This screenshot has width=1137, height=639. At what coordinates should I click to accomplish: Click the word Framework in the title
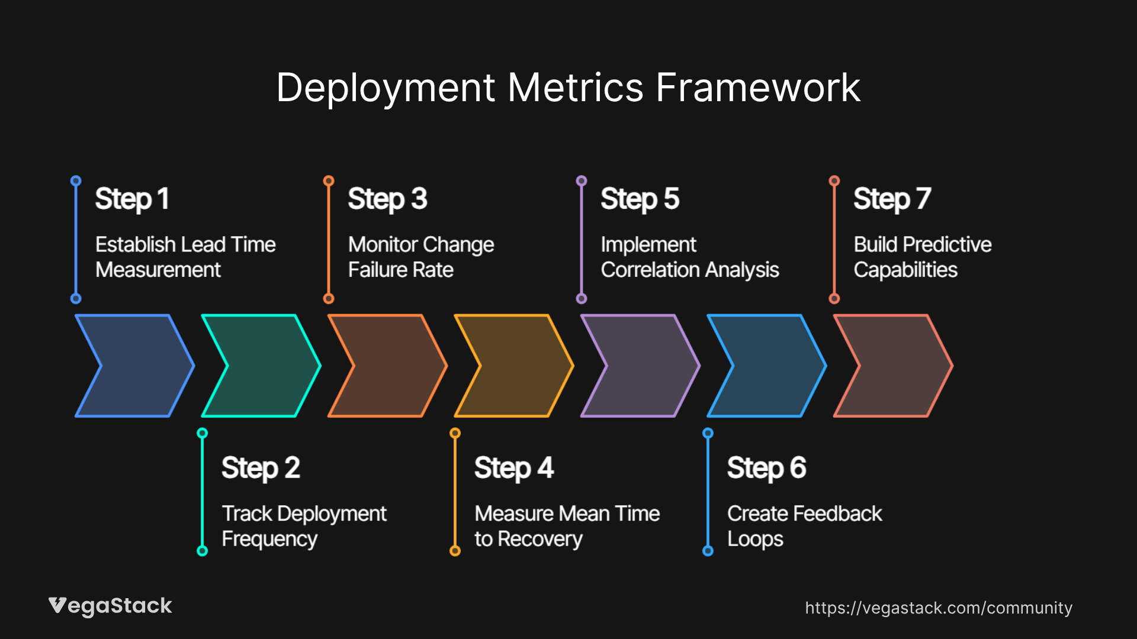757,88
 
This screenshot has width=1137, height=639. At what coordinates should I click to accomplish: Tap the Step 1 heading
132,199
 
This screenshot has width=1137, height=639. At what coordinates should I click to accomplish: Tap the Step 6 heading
766,468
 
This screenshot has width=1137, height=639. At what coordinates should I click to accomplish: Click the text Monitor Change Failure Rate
420,257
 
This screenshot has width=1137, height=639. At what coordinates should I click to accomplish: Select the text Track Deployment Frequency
304,526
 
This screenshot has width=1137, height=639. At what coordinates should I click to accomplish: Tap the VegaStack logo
110,606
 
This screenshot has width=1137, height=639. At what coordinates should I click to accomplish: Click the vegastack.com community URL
938,608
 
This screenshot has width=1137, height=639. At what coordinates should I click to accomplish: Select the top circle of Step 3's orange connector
329,180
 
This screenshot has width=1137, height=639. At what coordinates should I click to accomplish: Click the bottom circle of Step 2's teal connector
202,551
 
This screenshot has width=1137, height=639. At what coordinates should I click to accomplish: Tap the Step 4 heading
513,468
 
